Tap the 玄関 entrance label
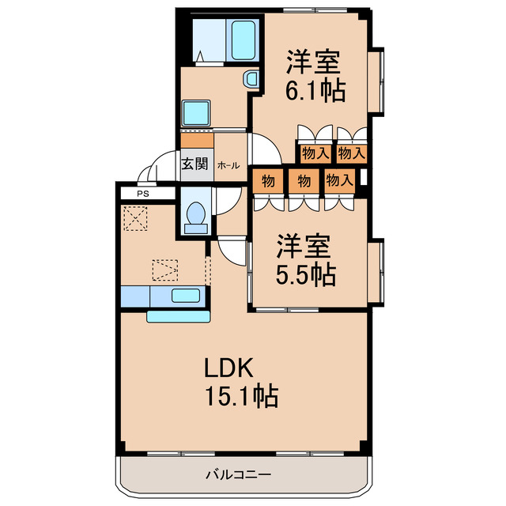coord(194,164)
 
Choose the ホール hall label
coord(228,165)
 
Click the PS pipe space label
coord(142,193)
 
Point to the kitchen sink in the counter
coord(186,296)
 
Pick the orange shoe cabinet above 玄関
coord(196,141)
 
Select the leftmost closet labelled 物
coord(268,181)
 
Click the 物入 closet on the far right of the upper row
coord(350,153)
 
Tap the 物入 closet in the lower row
coord(339,181)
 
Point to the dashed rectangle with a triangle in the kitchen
coord(166,271)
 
